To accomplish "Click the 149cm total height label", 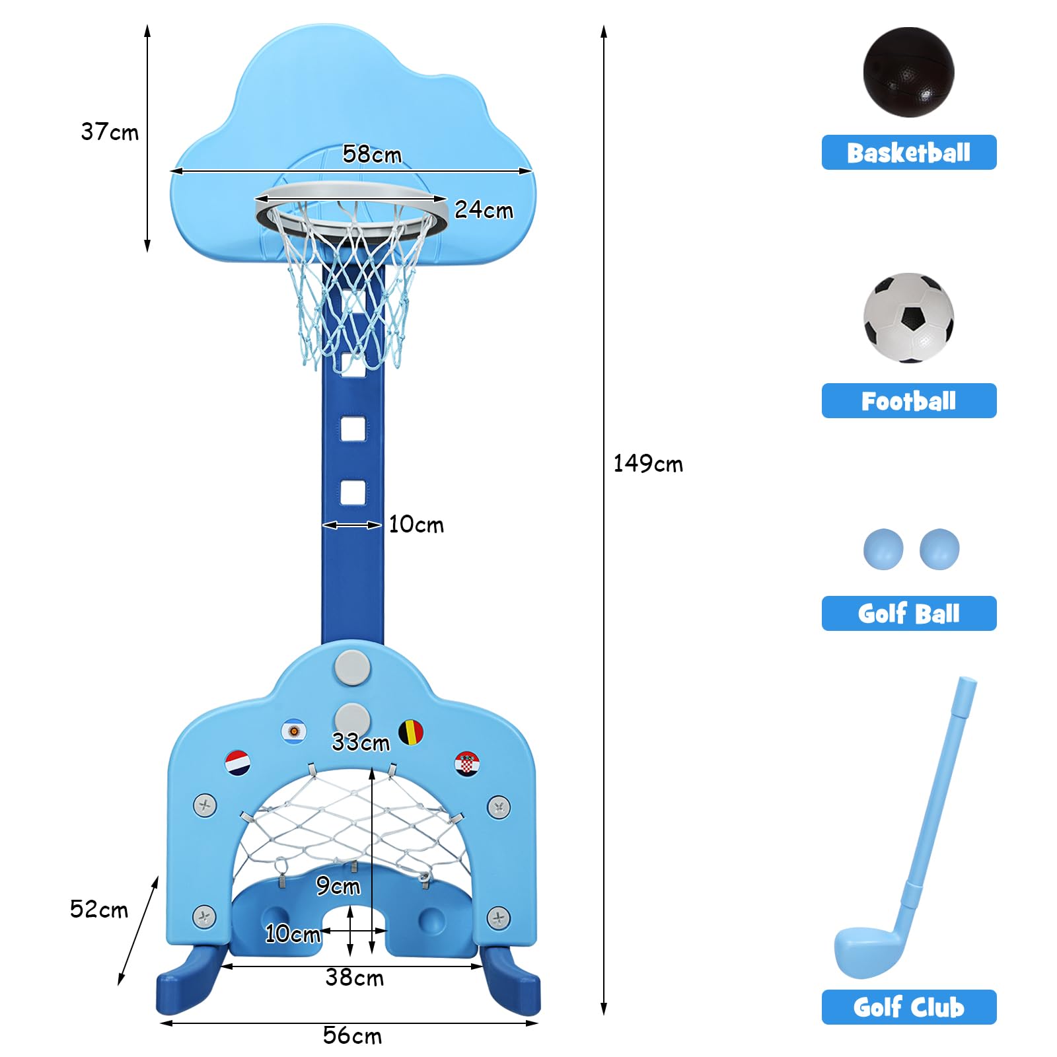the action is pos(648,463).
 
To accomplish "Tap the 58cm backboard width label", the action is pos(372,154).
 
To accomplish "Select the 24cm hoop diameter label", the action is pos(484,209).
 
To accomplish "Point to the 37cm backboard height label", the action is pos(110,131).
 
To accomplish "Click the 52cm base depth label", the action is pos(99,909).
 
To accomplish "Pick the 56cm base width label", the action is pos(352,1035).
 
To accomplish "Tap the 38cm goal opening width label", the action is pos(354,977).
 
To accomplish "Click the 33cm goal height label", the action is pos(361,742).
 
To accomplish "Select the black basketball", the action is pos(908,72).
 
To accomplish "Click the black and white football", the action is pos(908,318).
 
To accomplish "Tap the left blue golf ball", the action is pos(883,549).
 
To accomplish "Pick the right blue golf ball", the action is pos(939,549).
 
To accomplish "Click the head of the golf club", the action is pos(866,951).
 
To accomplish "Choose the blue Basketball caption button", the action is pos(908,153).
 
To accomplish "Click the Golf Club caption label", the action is pos(908,1007).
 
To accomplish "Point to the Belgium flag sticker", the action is pos(411,733).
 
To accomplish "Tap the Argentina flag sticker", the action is pos(293,731).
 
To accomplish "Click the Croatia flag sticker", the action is pos(466,764).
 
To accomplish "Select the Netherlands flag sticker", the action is pos(238,763).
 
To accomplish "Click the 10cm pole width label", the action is pos(416,525).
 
